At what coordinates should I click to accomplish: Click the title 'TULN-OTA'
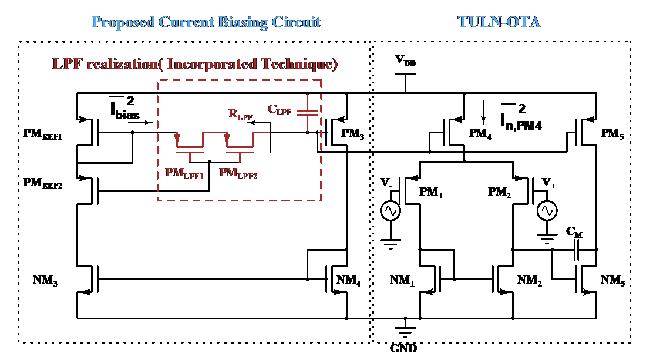(x=499, y=22)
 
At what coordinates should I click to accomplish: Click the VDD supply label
(x=405, y=61)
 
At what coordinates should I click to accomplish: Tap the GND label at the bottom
(x=403, y=348)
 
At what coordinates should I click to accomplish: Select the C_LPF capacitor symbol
(x=307, y=113)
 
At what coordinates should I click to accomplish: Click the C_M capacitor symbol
(x=577, y=250)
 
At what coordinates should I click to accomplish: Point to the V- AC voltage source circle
(x=391, y=211)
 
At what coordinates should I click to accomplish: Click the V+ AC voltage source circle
(x=547, y=211)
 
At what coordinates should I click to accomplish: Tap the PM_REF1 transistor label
(x=42, y=134)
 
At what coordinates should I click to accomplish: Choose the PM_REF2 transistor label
(x=42, y=183)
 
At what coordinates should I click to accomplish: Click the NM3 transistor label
(x=45, y=280)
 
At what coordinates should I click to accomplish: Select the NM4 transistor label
(x=348, y=280)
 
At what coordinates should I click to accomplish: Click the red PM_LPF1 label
(x=184, y=173)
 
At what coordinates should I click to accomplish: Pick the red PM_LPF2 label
(x=238, y=173)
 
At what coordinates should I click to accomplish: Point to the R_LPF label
(x=240, y=115)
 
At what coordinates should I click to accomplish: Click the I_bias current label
(x=124, y=108)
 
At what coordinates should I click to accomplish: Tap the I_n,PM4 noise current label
(x=521, y=117)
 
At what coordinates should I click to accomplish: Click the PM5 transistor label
(x=612, y=134)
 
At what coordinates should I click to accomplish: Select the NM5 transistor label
(x=612, y=280)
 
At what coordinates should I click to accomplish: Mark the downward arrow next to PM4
(x=483, y=112)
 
